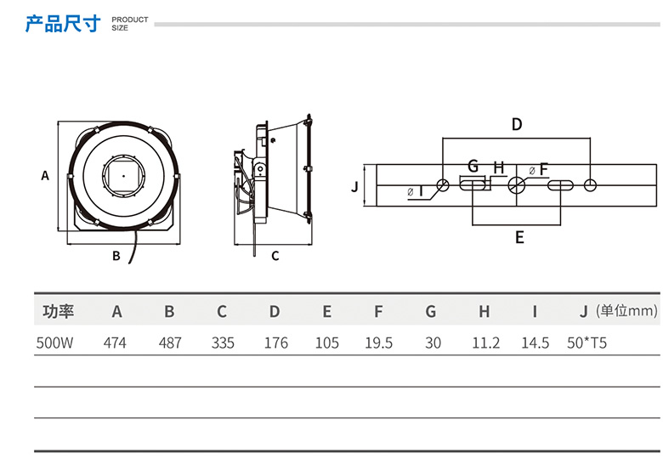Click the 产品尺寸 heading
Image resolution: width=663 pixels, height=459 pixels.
click(x=64, y=23)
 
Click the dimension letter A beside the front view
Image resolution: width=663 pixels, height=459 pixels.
click(x=45, y=176)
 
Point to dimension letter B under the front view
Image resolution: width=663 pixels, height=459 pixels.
click(x=116, y=255)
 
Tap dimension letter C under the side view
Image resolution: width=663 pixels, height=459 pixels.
click(x=275, y=255)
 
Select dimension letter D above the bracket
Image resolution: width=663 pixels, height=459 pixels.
click(x=516, y=125)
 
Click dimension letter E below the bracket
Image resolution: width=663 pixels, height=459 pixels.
click(x=519, y=237)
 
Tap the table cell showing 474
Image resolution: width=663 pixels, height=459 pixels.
click(x=116, y=343)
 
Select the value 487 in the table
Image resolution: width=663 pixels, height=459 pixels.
click(x=170, y=343)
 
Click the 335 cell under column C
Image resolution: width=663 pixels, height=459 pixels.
click(x=223, y=343)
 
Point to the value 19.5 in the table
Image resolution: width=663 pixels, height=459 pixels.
click(x=378, y=343)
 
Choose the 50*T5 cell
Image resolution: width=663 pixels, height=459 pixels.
click(x=586, y=343)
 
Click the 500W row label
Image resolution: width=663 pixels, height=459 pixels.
click(x=53, y=343)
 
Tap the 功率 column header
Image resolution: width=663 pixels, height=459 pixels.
click(x=59, y=312)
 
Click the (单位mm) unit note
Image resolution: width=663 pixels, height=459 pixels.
click(x=627, y=311)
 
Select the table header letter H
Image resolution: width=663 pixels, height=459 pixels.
click(x=484, y=312)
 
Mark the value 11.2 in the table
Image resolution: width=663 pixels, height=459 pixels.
click(x=485, y=343)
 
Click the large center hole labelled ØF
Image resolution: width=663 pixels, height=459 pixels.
click(x=517, y=185)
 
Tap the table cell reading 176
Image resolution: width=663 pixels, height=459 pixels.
click(x=275, y=343)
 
